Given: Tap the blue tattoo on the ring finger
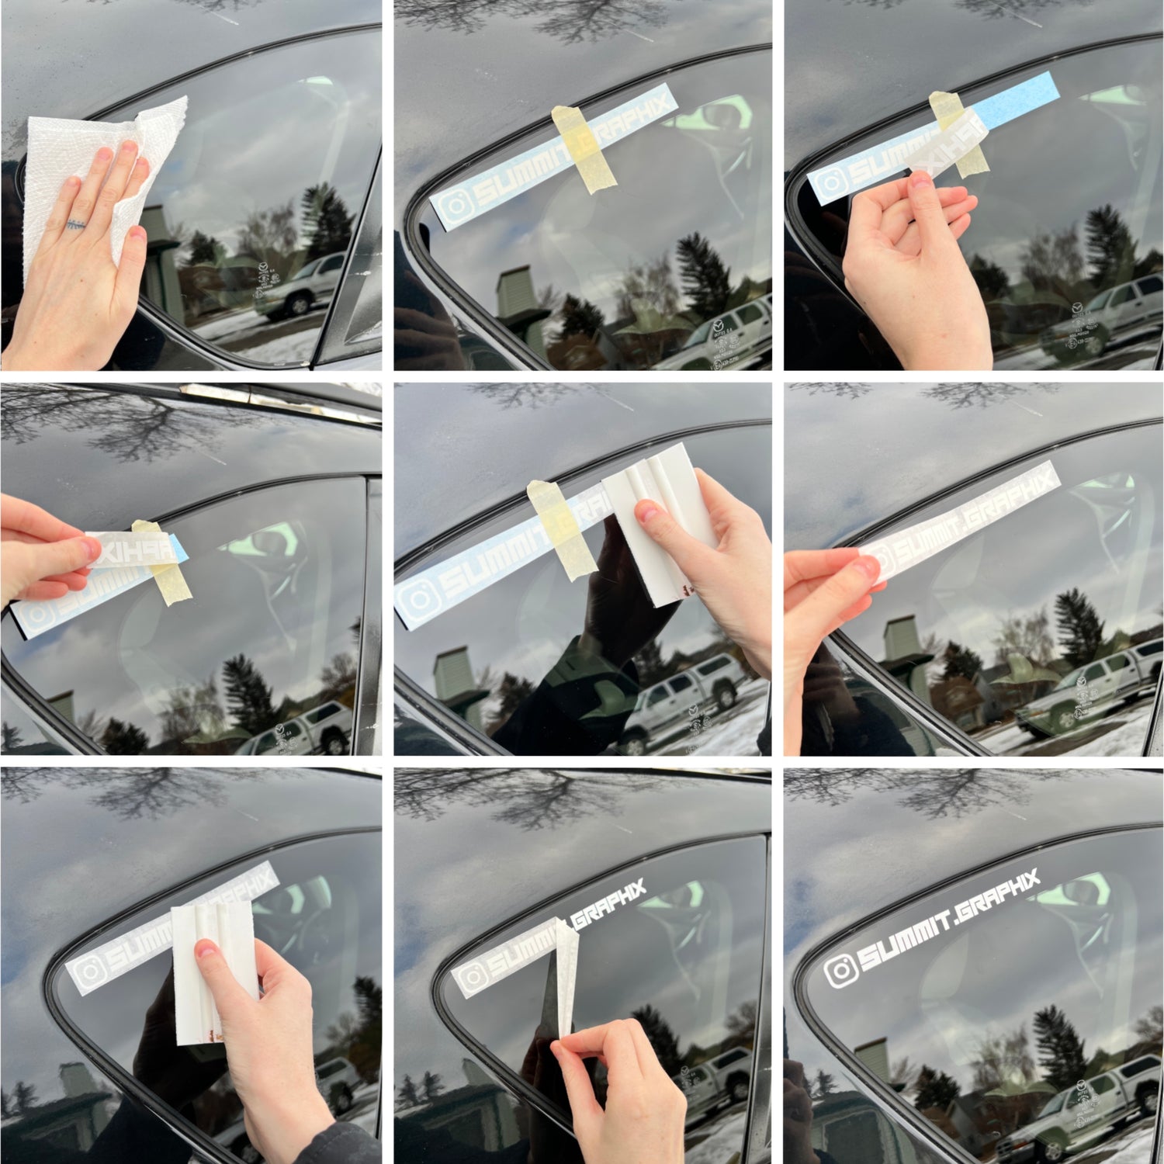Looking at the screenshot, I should tap(74, 225).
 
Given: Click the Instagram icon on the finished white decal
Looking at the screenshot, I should tap(840, 970).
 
